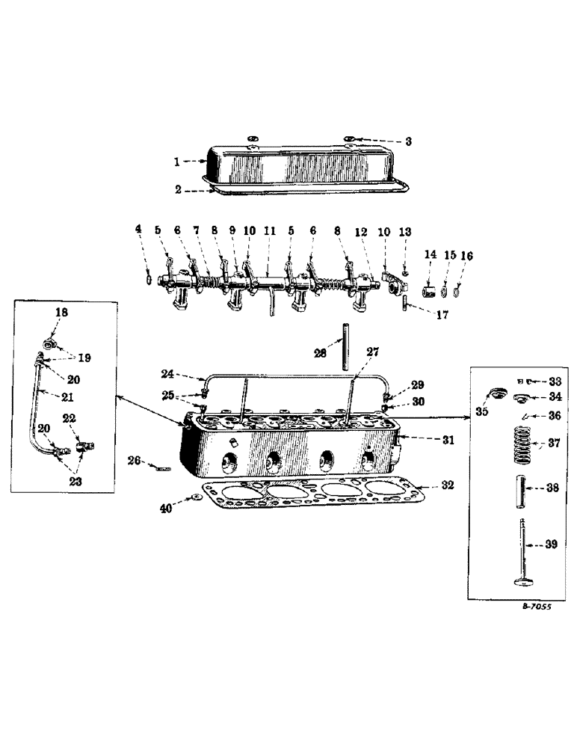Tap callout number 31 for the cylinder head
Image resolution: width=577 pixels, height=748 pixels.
tap(446, 441)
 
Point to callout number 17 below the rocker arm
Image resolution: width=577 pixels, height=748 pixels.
tap(442, 316)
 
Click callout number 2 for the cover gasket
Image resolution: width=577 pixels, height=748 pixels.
tap(178, 189)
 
